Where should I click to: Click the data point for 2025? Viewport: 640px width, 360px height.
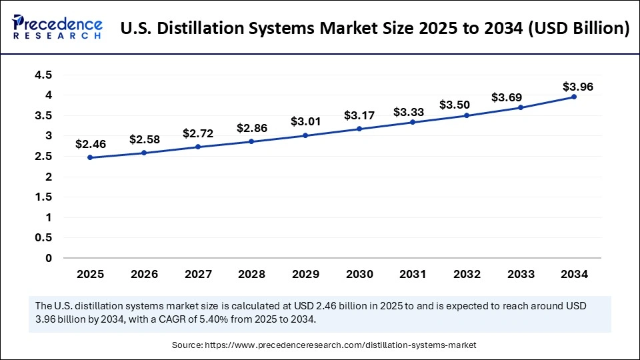click(x=89, y=158)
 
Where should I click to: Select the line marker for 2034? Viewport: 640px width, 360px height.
click(x=574, y=97)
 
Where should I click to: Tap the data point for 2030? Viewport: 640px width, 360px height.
click(x=359, y=129)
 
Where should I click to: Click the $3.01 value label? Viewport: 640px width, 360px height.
click(x=305, y=121)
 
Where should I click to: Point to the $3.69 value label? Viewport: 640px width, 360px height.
click(x=507, y=97)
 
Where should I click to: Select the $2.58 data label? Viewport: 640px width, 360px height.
click(x=143, y=139)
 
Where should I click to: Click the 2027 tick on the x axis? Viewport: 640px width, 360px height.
click(x=197, y=273)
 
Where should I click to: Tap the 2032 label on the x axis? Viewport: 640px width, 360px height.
click(x=467, y=273)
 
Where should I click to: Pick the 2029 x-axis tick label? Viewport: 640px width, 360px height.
click(x=305, y=273)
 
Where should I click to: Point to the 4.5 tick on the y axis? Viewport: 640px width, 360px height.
click(x=43, y=75)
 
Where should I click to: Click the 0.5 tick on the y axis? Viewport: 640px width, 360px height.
click(x=43, y=238)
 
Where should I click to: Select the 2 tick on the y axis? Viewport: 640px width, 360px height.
click(x=48, y=177)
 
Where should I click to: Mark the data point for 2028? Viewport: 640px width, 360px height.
click(x=251, y=141)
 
